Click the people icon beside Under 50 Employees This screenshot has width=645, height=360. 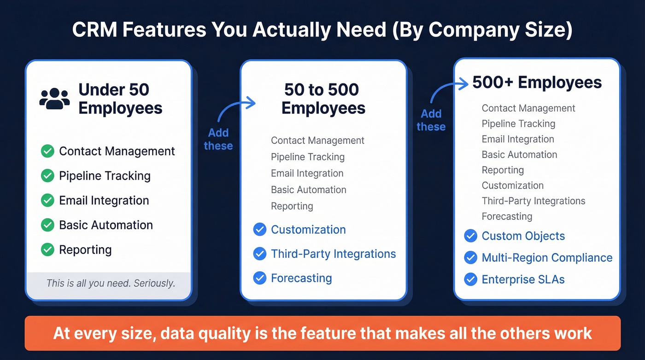(54, 98)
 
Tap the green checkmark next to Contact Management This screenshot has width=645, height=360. (47, 151)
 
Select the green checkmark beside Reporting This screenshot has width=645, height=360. (47, 250)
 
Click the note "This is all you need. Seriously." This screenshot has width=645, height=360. (111, 283)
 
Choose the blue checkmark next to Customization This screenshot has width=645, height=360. (260, 230)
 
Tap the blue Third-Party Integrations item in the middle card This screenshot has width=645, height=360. (333, 254)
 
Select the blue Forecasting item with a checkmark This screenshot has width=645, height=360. (301, 278)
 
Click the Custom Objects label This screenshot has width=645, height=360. (523, 236)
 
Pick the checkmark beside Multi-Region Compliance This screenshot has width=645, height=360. (470, 258)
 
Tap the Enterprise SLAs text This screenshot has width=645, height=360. (523, 279)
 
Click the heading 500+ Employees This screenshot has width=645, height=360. (537, 83)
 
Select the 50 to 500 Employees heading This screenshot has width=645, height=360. (323, 99)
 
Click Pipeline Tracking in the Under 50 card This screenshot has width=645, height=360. (105, 176)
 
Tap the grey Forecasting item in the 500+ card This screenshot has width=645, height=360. (507, 216)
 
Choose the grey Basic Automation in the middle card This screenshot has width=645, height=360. (308, 189)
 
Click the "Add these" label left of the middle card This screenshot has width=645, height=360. (218, 139)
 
